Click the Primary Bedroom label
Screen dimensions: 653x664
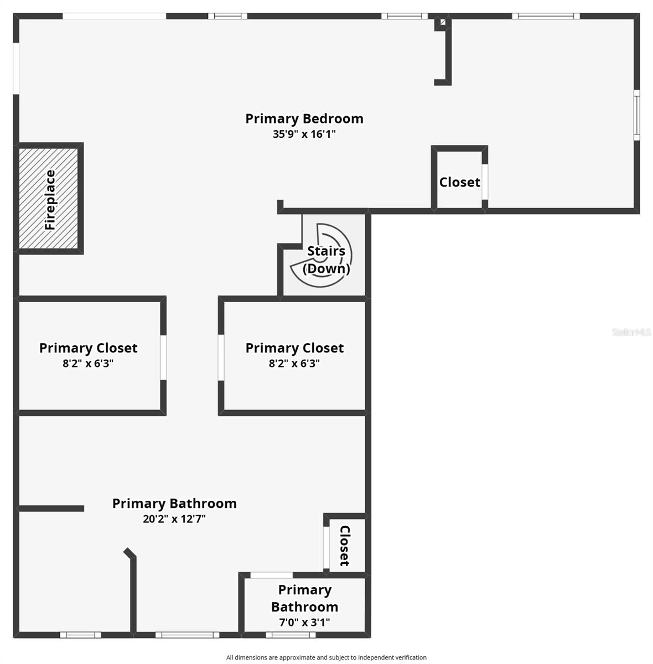point(304,119)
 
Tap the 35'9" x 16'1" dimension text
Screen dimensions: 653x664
point(304,134)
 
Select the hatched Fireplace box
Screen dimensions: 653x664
point(48,198)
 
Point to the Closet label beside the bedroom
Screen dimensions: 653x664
point(459,182)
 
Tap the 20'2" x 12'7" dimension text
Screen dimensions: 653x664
point(174,519)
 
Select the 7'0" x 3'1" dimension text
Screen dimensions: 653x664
point(304,622)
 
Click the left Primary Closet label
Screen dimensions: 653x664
point(88,348)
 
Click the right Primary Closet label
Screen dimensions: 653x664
point(294,348)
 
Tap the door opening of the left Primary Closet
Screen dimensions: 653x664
point(163,357)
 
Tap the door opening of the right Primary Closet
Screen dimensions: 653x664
point(221,357)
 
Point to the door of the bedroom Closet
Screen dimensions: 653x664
point(485,182)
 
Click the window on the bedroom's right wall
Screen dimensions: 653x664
point(637,115)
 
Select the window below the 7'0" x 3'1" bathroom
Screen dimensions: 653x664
point(291,635)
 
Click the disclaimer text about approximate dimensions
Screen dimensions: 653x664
point(326,657)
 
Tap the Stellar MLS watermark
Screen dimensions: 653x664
point(631,332)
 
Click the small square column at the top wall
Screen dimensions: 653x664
point(443,22)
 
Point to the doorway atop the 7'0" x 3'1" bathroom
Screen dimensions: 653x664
point(271,575)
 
